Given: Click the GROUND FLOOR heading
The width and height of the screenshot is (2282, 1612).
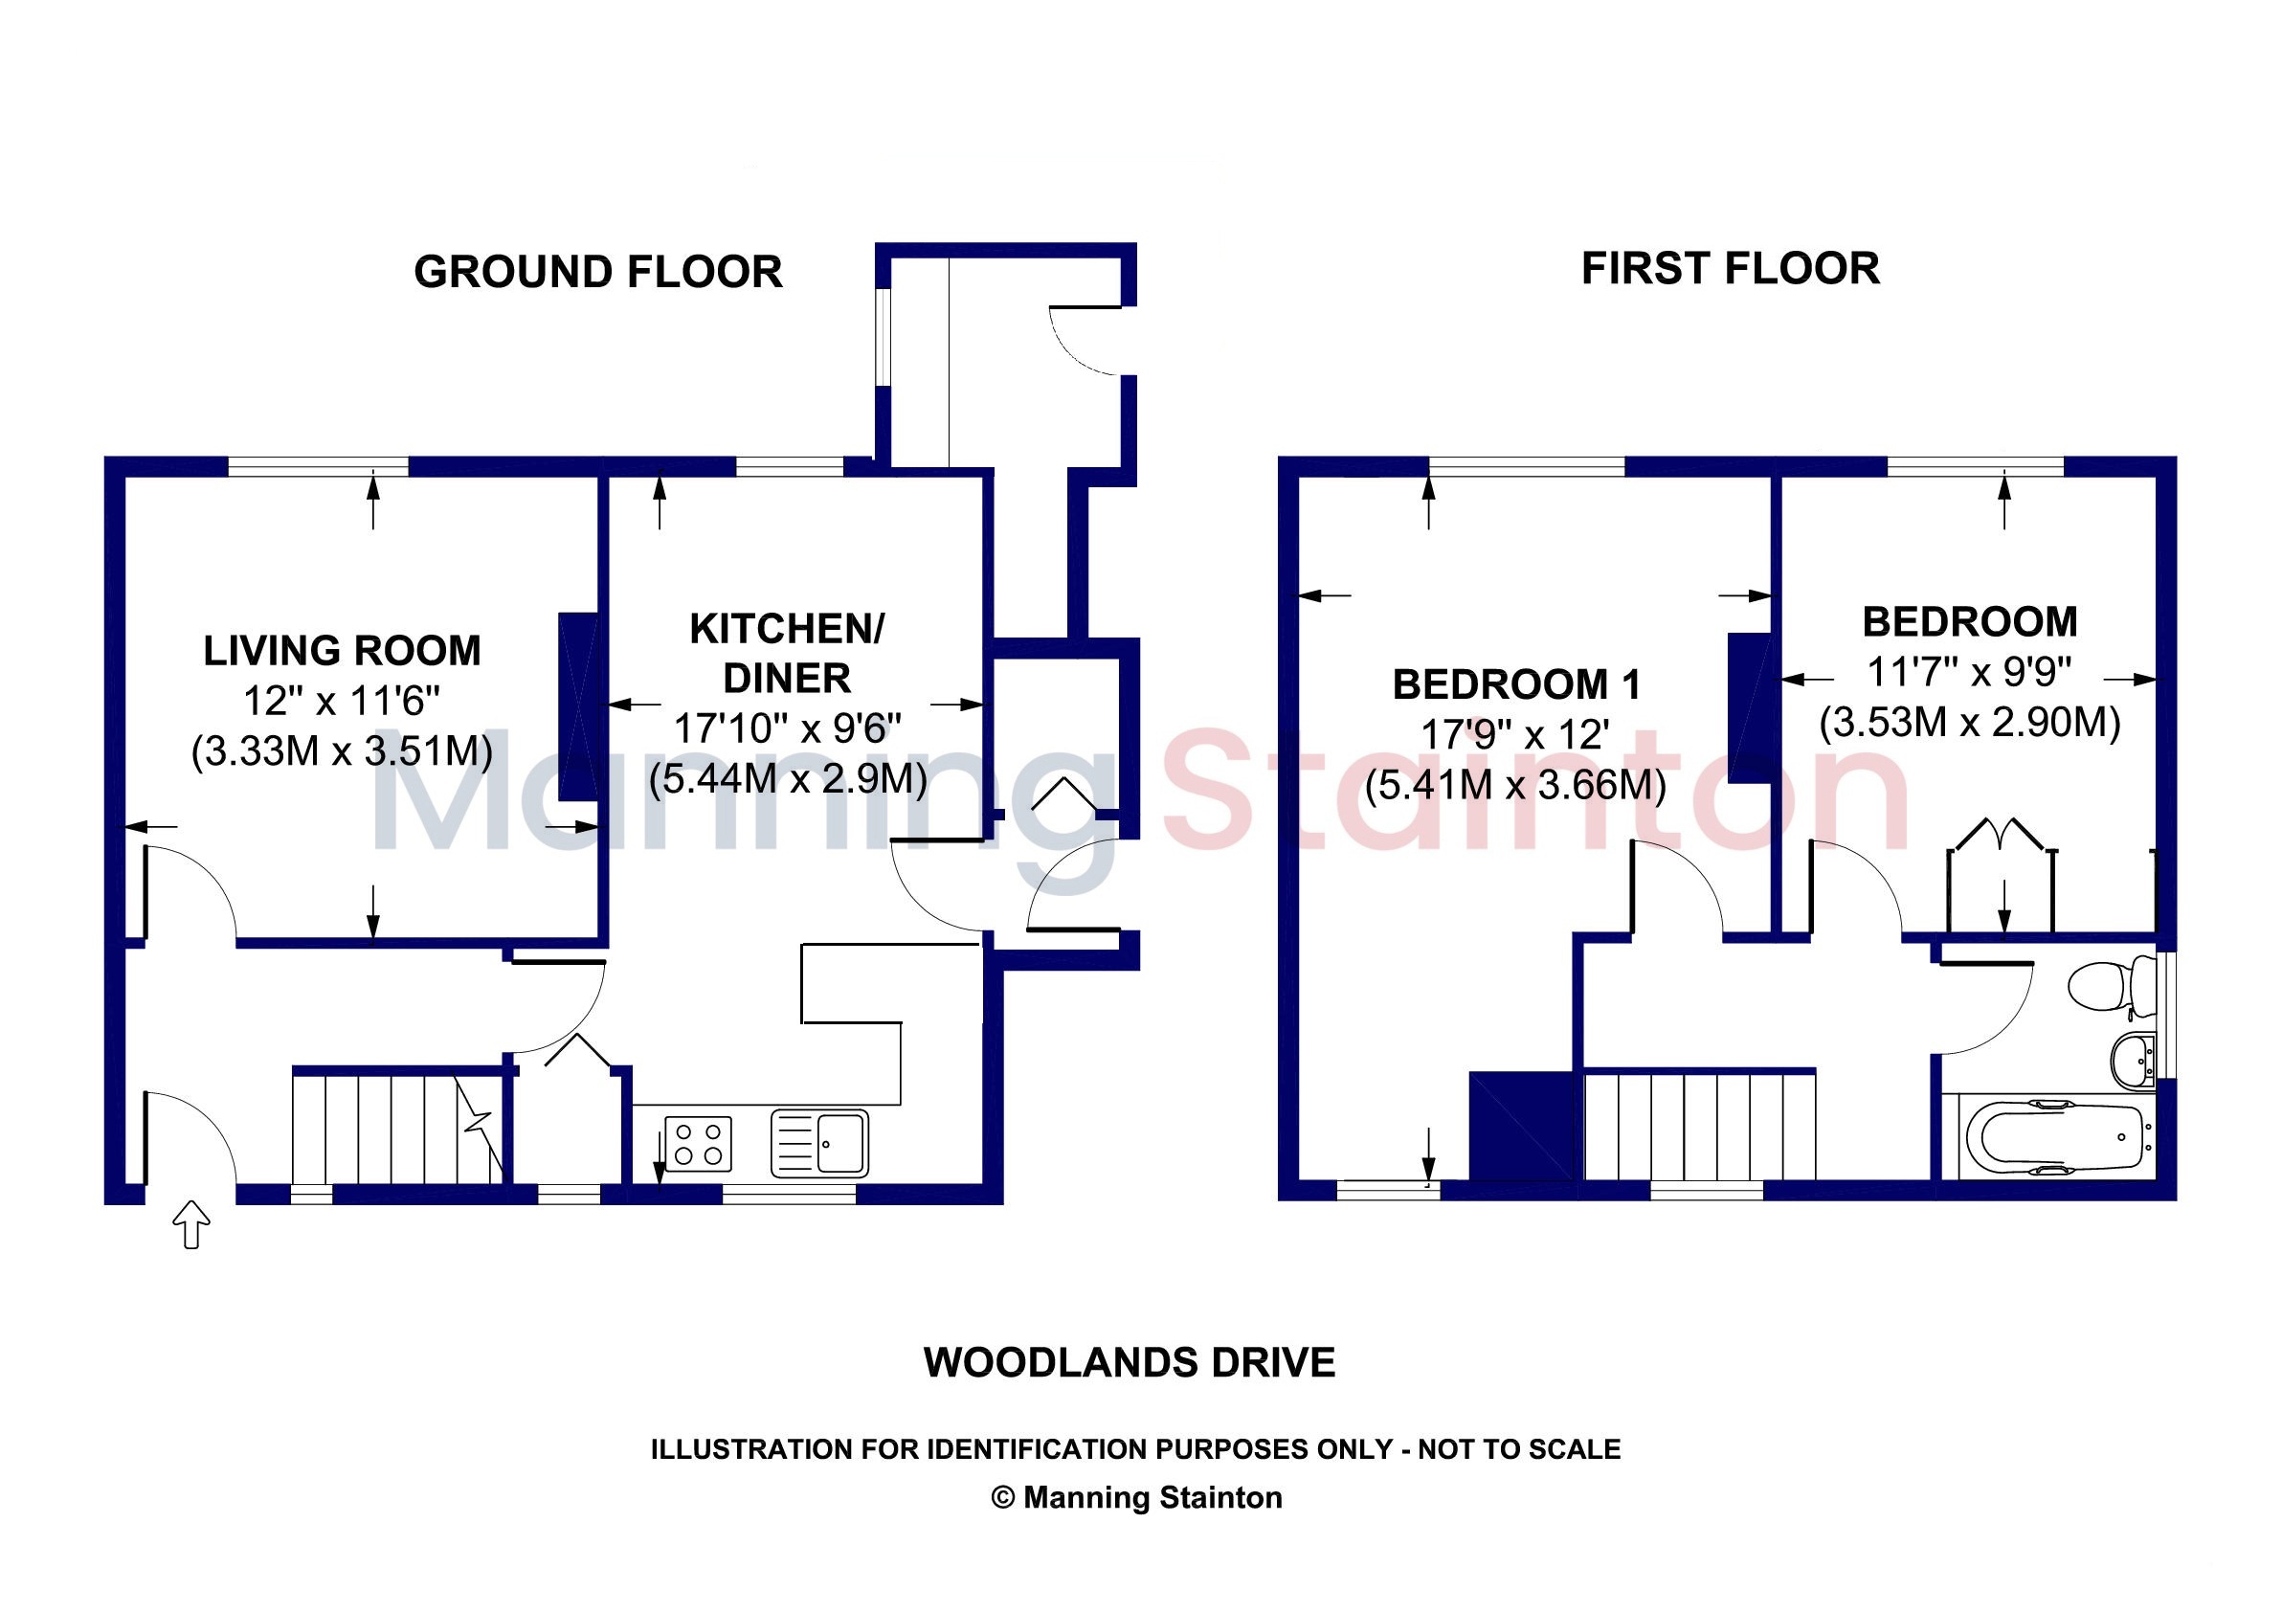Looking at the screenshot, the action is point(597,271).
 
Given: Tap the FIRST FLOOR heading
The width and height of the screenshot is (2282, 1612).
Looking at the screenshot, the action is point(1731,268).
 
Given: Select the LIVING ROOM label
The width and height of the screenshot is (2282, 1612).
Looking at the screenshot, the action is point(342,651).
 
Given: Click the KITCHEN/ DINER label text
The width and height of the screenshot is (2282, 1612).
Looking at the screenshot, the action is point(786,654).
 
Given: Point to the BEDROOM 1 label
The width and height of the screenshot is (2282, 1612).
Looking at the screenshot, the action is point(1515,683).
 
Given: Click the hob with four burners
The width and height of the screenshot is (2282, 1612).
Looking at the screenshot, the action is point(698,1144).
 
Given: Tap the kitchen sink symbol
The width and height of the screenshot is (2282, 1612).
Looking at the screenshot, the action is point(819,1143).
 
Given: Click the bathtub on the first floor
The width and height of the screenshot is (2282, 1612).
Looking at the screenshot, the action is point(2055,1137).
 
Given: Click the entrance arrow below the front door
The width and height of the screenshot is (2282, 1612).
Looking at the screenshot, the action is point(191,1223).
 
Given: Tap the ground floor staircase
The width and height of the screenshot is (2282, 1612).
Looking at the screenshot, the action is point(399,1126).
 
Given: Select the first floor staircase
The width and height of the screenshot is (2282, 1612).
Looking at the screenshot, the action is point(1700,1125).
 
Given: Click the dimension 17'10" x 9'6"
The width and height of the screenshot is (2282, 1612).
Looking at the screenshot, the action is point(787,728).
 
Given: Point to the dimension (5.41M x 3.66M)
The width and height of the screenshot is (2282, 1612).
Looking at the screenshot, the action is point(1515,785).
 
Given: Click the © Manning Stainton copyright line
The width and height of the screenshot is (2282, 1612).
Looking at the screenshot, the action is point(1137,1497).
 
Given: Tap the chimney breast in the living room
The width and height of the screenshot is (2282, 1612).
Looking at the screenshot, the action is point(578,706).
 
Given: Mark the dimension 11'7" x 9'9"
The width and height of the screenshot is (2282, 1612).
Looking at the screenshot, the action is point(1969,672).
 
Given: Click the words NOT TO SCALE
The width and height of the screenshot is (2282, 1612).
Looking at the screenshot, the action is point(1520,1449).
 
